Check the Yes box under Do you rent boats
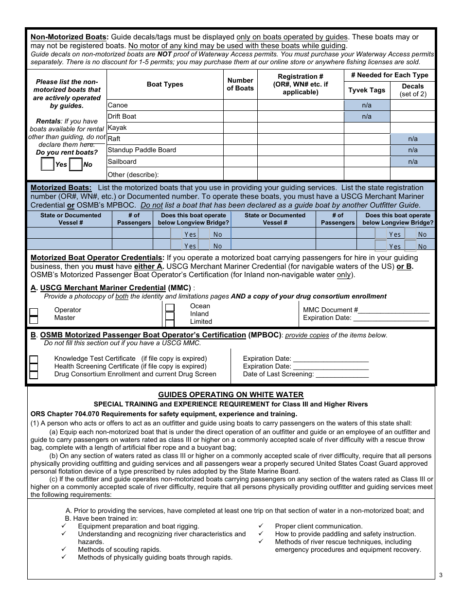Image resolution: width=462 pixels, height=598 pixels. tap(47, 164)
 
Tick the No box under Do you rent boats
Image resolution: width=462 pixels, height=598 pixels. tap(75, 164)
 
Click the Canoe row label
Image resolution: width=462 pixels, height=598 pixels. tap(118, 105)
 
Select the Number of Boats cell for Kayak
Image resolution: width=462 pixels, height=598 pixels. tap(240, 127)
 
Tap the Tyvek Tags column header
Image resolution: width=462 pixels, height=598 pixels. tap(367, 90)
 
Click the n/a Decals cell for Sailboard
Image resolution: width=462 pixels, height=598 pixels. tap(412, 161)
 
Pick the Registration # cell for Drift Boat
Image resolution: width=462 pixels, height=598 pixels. tap(300, 116)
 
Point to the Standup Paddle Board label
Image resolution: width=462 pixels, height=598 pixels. tap(142, 150)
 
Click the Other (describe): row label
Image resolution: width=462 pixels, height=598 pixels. tap(133, 174)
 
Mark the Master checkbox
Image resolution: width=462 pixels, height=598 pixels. tap(34, 319)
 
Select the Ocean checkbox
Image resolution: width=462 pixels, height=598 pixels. tap(170, 307)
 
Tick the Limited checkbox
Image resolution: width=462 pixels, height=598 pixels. tap(170, 322)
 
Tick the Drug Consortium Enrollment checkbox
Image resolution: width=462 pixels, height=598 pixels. tap(34, 375)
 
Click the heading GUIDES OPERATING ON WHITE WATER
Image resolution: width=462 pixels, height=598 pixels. tap(231, 395)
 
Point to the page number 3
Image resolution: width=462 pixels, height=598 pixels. tap(440, 576)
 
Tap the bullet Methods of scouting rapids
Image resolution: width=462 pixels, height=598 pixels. tap(119, 549)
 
